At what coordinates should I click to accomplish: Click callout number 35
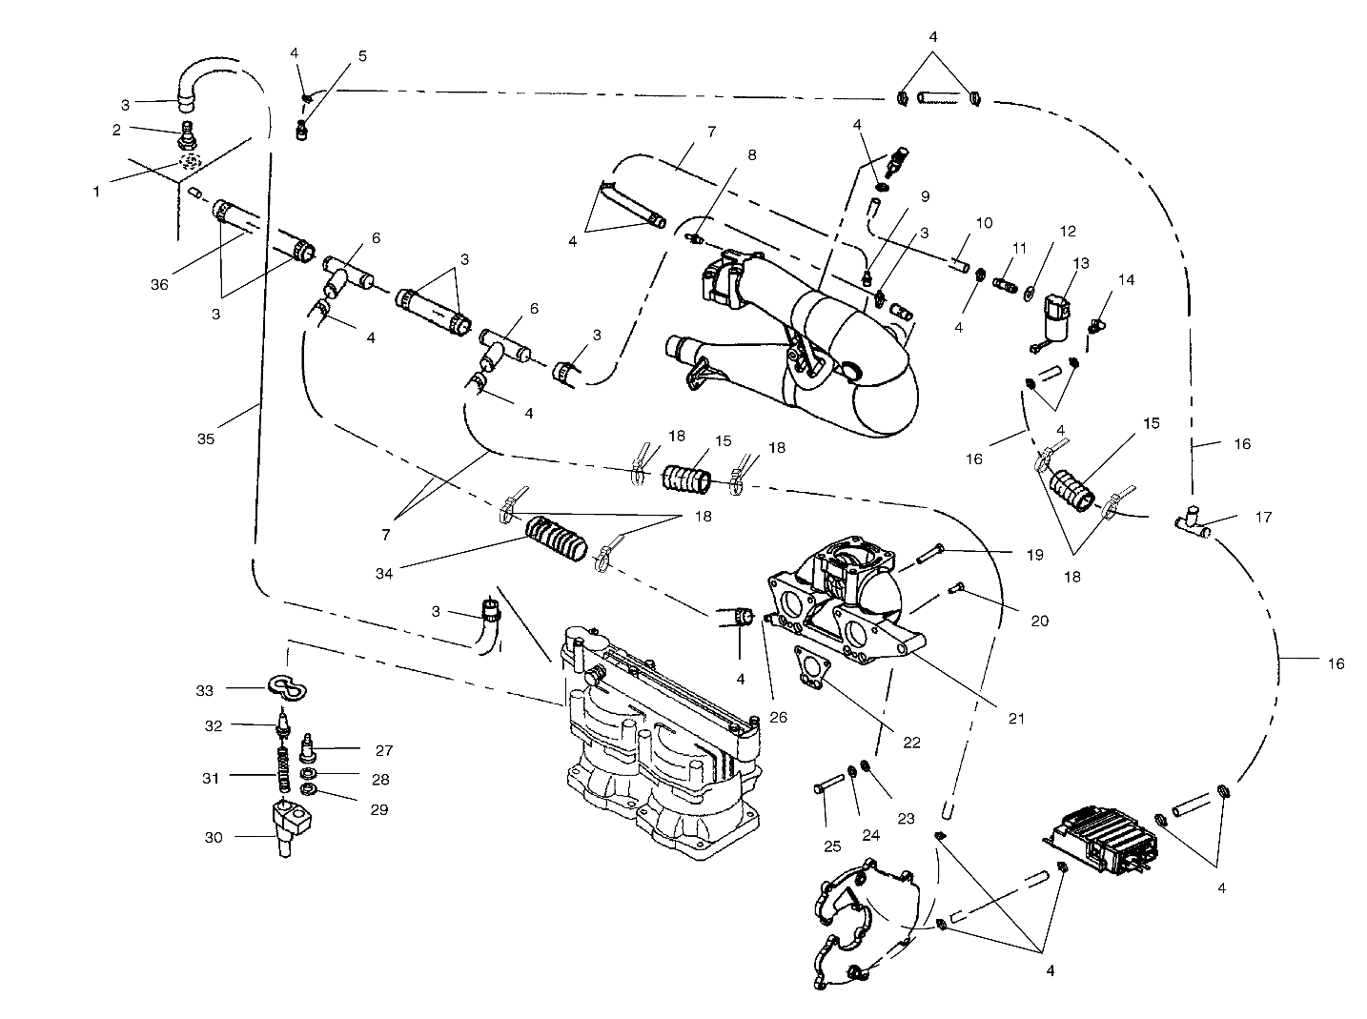pyautogui.click(x=206, y=439)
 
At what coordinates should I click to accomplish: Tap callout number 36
pyautogui.click(x=159, y=284)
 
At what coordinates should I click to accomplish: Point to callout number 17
pyautogui.click(x=1263, y=519)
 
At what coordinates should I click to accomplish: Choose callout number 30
pyautogui.click(x=214, y=837)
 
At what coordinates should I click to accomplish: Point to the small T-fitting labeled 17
pyautogui.click(x=1190, y=521)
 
